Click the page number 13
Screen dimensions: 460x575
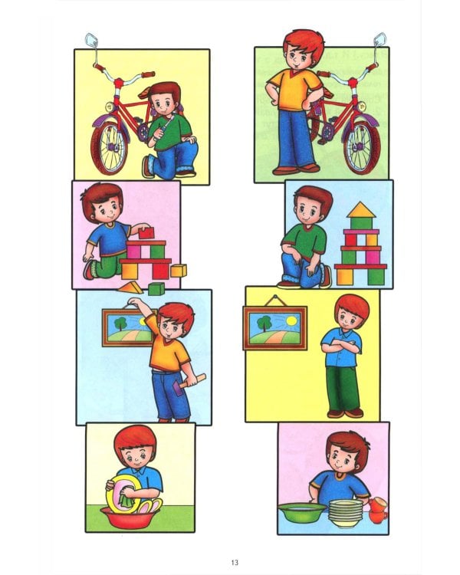[235, 562]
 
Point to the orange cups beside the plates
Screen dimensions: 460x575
[377, 510]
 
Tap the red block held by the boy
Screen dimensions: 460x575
[146, 232]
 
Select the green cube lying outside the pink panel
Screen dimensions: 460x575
[156, 289]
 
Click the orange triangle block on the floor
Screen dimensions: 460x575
[130, 288]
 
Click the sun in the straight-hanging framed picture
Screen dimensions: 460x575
[291, 321]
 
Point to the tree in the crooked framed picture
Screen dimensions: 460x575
[120, 323]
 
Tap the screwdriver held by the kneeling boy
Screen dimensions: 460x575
[163, 128]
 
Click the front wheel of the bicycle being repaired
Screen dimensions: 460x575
[110, 147]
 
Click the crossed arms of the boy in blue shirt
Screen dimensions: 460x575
[341, 347]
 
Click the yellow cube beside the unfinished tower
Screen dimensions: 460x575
[179, 271]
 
